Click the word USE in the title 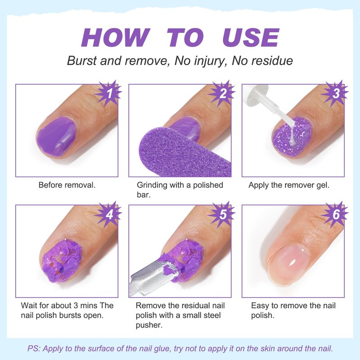(251, 38)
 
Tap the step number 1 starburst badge (108, 93)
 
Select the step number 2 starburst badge (221, 93)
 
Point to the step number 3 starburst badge (335, 93)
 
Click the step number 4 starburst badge (108, 215)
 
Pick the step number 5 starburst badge (221, 215)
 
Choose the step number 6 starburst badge (335, 215)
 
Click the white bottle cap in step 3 (255, 95)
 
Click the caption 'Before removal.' (67, 185)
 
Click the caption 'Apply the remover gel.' (289, 185)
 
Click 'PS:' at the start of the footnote (34, 348)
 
